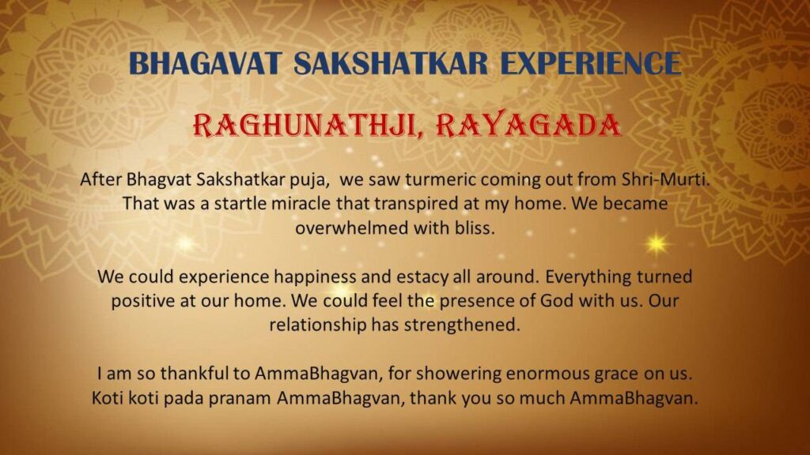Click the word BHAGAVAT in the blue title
[205, 63]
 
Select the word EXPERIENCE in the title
[590, 63]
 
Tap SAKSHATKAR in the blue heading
[391, 63]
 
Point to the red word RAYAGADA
[528, 125]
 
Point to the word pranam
[240, 399]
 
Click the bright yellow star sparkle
[657, 243]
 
